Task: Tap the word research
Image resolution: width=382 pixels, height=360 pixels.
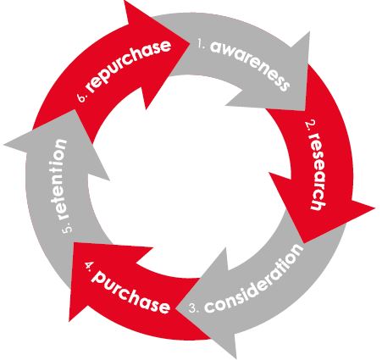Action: click(x=318, y=171)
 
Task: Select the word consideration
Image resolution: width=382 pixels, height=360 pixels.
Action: click(x=253, y=280)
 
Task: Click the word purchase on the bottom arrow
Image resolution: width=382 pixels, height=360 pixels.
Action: click(x=130, y=292)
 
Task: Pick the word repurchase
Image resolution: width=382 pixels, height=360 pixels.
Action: click(x=129, y=66)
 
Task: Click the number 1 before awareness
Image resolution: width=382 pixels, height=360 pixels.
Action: click(x=202, y=45)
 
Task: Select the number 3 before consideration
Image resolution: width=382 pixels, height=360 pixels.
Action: click(x=194, y=308)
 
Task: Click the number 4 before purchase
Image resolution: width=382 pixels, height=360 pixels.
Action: click(x=90, y=265)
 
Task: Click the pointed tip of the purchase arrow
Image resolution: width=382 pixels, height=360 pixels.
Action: click(x=69, y=321)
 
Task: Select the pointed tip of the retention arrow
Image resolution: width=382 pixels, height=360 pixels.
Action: click(x=4, y=145)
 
